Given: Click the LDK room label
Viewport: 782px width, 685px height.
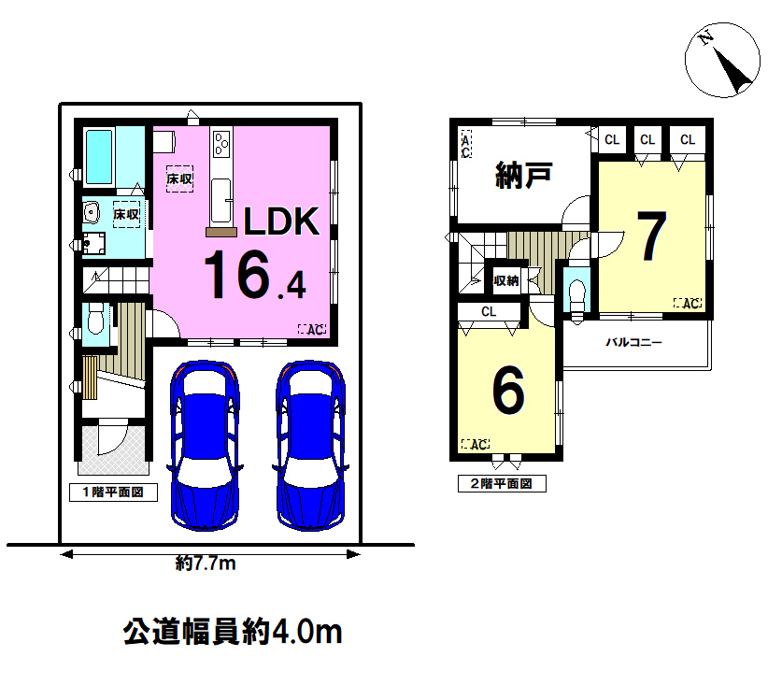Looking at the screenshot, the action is tap(281, 221).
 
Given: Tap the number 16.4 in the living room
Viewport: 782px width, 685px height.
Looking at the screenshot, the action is tap(255, 275).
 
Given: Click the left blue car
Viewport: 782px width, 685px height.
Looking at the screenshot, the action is tap(205, 445).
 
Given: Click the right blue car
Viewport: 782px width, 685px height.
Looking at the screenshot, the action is tap(311, 445).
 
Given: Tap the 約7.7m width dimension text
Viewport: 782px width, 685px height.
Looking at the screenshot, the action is tap(206, 564).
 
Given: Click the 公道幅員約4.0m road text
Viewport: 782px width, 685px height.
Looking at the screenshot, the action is tap(233, 632).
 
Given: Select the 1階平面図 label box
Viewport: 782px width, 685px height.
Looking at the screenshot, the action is tap(113, 492).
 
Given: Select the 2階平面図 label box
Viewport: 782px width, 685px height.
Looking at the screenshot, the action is tap(502, 483).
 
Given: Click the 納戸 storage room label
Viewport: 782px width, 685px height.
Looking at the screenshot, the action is tap(523, 175).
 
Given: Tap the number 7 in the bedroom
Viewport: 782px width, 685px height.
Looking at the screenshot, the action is tap(652, 236).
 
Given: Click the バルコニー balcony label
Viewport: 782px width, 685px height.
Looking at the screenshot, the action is tap(633, 342).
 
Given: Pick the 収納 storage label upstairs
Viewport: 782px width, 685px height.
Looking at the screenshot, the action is tap(506, 281).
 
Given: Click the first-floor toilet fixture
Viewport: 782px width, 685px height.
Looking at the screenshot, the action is tap(95, 319).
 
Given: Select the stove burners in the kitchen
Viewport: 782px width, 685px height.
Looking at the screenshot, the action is tap(220, 144).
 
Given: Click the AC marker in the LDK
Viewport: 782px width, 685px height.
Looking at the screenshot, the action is tap(312, 329).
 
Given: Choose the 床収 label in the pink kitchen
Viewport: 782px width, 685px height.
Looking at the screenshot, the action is tap(179, 178).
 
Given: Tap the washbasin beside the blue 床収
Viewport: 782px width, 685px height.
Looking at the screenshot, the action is tap(92, 213).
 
